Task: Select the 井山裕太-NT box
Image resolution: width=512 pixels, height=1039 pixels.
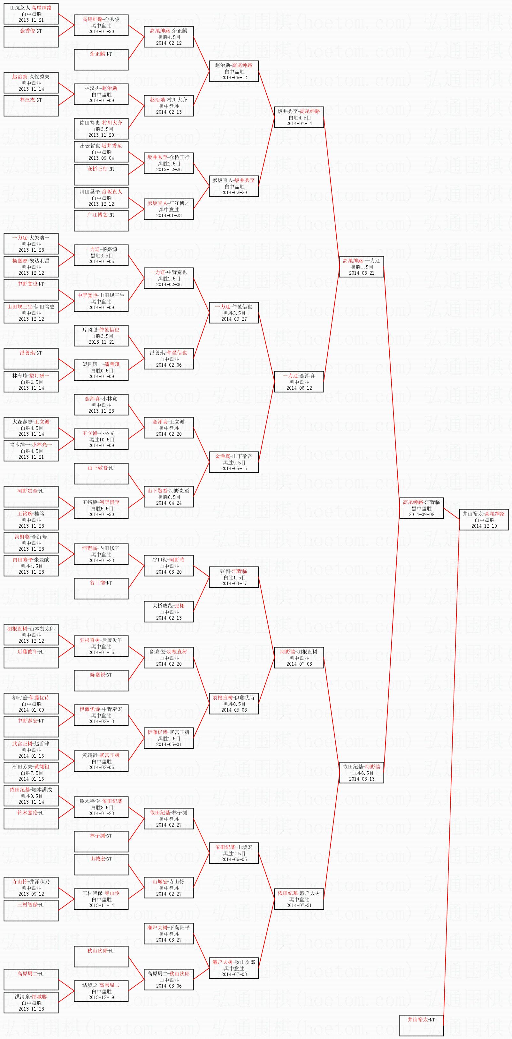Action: (421, 1025)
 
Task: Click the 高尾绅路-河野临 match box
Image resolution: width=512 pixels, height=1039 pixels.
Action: (421, 508)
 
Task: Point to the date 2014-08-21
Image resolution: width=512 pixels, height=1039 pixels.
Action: (362, 273)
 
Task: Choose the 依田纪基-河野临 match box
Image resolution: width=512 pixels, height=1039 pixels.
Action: (362, 772)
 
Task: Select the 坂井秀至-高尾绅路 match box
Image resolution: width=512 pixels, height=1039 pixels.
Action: (299, 117)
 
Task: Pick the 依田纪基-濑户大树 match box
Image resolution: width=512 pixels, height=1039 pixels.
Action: (299, 899)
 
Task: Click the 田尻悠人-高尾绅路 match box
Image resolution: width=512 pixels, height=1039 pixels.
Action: (31, 14)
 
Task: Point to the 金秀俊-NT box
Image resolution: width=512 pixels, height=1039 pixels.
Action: (31, 37)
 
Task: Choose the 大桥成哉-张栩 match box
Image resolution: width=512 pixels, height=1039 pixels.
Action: (169, 611)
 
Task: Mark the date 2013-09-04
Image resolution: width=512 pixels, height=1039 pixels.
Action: (101, 158)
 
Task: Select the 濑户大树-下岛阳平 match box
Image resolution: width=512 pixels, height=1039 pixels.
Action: (169, 934)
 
